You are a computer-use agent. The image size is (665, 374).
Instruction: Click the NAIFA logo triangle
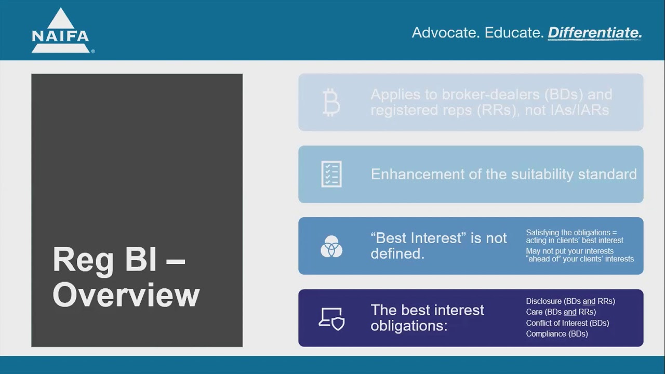pyautogui.click(x=61, y=21)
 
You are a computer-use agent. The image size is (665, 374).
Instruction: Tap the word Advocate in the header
pyautogui.click(x=444, y=33)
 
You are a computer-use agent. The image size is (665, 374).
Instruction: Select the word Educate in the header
pyautogui.click(x=514, y=33)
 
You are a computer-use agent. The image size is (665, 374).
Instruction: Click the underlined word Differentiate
pyautogui.click(x=595, y=33)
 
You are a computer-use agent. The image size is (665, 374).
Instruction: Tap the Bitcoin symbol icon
pyautogui.click(x=331, y=102)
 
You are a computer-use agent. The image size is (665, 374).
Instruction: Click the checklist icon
pyautogui.click(x=331, y=174)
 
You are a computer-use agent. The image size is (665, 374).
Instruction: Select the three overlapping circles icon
pyautogui.click(x=331, y=246)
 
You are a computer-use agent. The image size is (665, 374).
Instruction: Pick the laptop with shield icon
pyautogui.click(x=331, y=318)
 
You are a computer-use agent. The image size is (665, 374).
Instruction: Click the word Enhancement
pyautogui.click(x=418, y=174)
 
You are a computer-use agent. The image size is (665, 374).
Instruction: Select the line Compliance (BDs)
pyautogui.click(x=556, y=334)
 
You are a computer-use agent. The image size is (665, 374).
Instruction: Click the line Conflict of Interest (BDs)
pyautogui.click(x=567, y=323)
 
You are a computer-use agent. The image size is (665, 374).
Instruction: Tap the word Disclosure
pyautogui.click(x=543, y=301)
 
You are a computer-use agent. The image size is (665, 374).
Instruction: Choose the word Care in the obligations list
pyautogui.click(x=534, y=312)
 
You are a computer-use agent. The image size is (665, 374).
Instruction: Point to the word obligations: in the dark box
pyautogui.click(x=408, y=326)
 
